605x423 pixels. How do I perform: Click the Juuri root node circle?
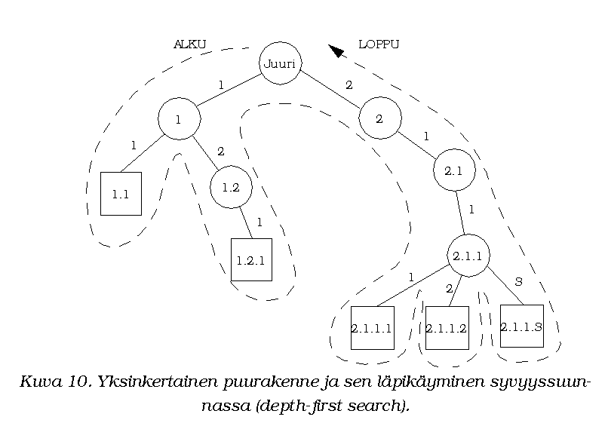(x=280, y=63)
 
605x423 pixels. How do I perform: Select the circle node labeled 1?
(x=179, y=118)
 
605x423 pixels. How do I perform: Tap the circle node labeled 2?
(x=379, y=118)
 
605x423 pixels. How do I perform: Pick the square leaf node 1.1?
(x=121, y=194)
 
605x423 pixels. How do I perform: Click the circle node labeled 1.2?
(x=231, y=187)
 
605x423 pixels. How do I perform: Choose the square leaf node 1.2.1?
(x=250, y=260)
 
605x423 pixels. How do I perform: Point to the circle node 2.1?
(x=453, y=170)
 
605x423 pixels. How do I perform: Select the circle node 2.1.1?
(x=468, y=256)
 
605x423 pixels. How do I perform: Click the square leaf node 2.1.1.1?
(x=372, y=328)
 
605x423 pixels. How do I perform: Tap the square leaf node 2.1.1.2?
(x=447, y=328)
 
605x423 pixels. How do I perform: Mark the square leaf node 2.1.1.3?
(x=521, y=326)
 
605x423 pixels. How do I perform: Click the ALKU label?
(x=189, y=44)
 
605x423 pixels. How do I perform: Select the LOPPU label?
(x=378, y=44)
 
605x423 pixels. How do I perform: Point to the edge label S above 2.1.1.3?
(x=518, y=281)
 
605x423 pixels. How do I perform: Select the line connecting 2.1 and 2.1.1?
(x=461, y=213)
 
